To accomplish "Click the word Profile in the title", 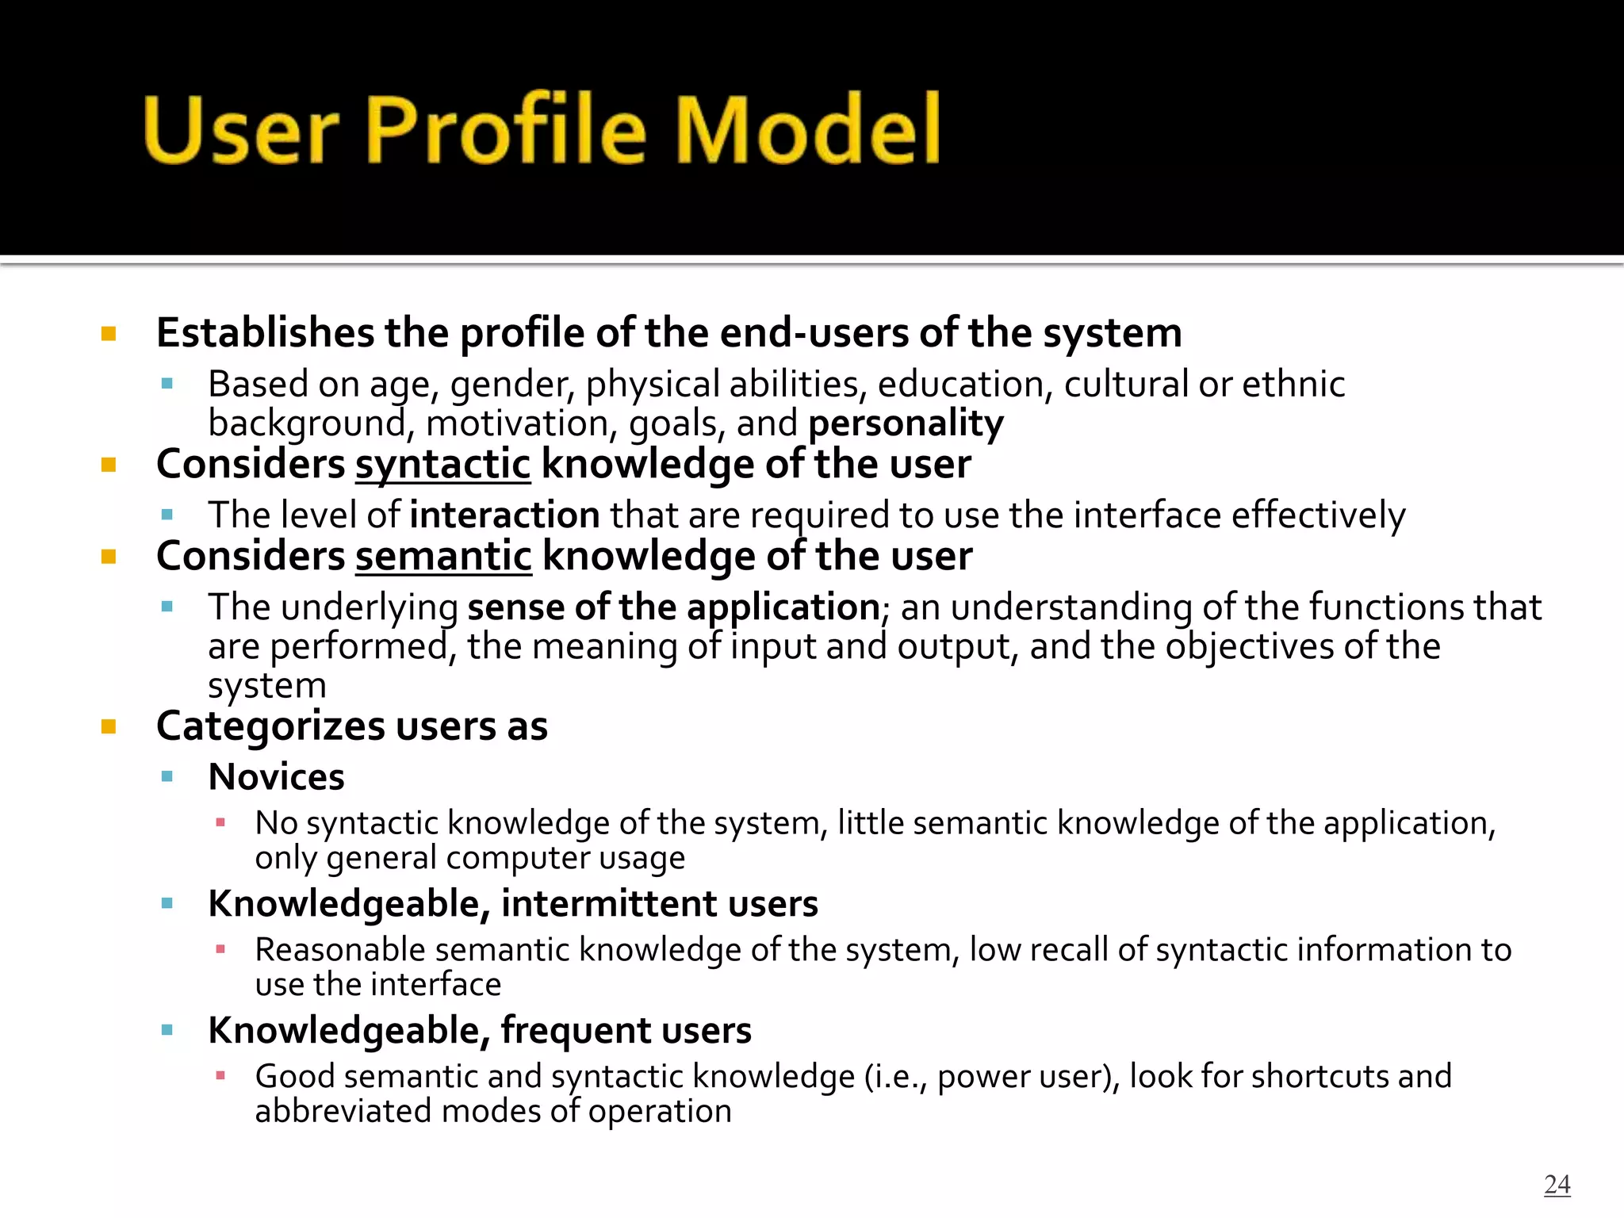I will [x=505, y=129].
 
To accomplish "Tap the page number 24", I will [x=1557, y=1184].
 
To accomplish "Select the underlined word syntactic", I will [x=442, y=465].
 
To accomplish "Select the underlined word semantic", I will [x=443, y=557].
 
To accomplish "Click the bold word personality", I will [x=906, y=423].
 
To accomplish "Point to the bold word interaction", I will [x=505, y=515].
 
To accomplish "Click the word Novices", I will [x=276, y=777].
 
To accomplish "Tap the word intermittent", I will [x=608, y=904].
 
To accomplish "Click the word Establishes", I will [x=265, y=333].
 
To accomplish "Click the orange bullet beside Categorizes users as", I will [x=109, y=726].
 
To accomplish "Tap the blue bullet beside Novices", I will [x=167, y=777].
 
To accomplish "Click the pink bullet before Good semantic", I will [x=220, y=1076].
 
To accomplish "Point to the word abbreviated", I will [x=343, y=1111].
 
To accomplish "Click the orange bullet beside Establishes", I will [x=109, y=333].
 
